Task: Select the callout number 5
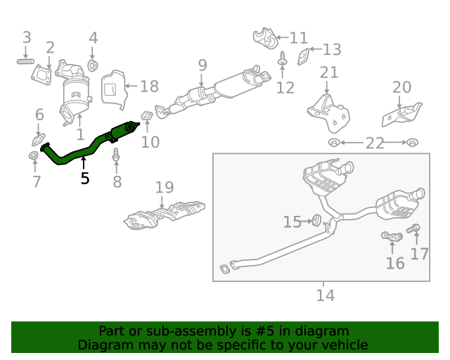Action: click(x=85, y=179)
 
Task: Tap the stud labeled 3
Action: click(x=26, y=62)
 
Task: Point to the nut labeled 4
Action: click(x=93, y=66)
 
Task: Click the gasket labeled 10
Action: click(x=146, y=115)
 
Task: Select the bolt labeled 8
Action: click(x=117, y=162)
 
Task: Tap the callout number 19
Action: click(x=164, y=188)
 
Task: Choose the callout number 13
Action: click(x=332, y=49)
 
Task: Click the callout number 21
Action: click(x=329, y=72)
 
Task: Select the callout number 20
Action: click(x=401, y=87)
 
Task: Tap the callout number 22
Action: click(x=374, y=143)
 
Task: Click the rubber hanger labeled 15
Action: click(x=316, y=221)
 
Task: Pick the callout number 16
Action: click(x=395, y=263)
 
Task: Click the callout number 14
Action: click(x=325, y=295)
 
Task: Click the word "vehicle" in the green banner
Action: click(x=342, y=345)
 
